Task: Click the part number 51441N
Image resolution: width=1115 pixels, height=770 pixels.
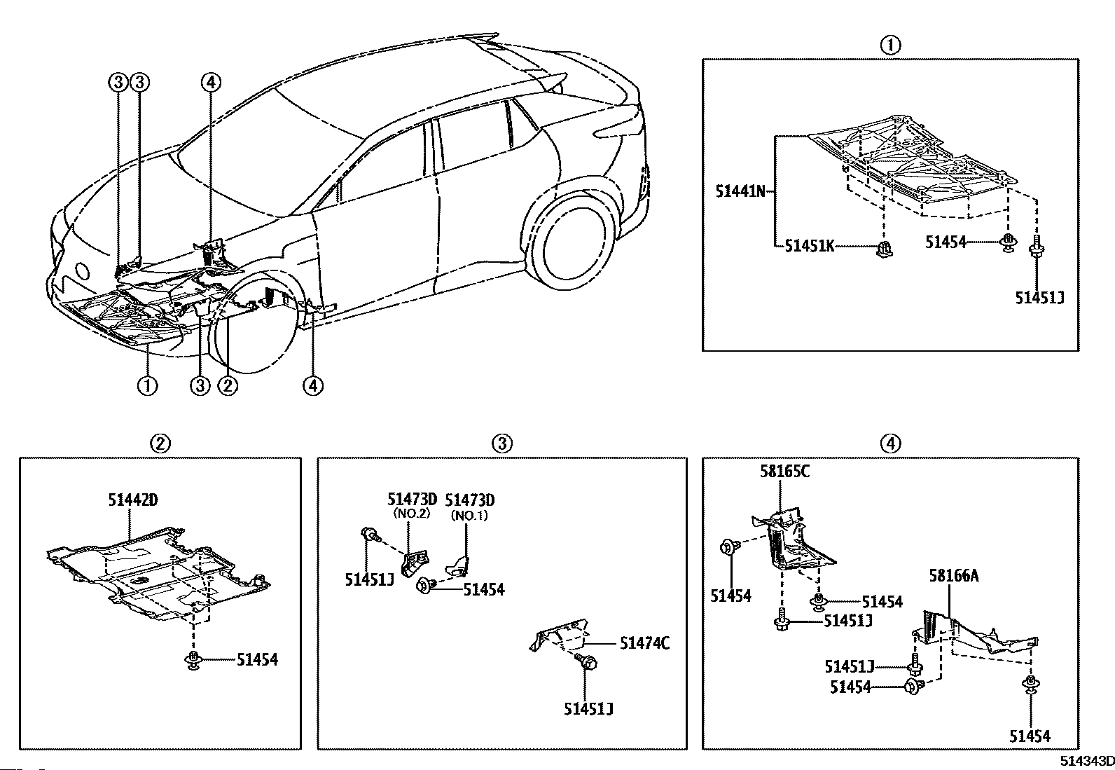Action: pos(740,191)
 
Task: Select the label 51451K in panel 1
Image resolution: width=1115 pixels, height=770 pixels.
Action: pos(810,245)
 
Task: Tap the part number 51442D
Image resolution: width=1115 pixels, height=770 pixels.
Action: pos(133,500)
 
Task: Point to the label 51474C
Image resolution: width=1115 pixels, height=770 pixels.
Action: pos(644,643)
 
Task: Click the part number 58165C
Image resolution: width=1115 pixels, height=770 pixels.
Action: pos(784,471)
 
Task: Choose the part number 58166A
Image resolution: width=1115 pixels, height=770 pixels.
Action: pos(954,576)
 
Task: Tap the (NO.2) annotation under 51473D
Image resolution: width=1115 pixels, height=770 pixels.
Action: pos(412,514)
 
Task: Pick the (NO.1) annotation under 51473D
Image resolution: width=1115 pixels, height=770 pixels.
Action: pos(469,516)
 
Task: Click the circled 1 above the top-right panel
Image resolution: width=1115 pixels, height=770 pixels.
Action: pos(890,46)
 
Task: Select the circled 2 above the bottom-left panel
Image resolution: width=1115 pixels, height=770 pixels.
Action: pos(160,444)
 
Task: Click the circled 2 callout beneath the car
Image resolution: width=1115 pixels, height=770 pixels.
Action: pos(228,385)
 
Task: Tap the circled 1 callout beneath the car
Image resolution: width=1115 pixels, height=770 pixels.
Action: pos(148,385)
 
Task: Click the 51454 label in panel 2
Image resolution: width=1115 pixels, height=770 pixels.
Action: pos(257,659)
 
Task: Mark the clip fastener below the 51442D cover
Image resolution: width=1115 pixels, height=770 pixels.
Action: pos(194,659)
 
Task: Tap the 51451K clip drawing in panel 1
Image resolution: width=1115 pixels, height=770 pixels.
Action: pos(884,247)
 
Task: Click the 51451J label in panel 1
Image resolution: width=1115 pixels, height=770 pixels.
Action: pos(1039,297)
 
